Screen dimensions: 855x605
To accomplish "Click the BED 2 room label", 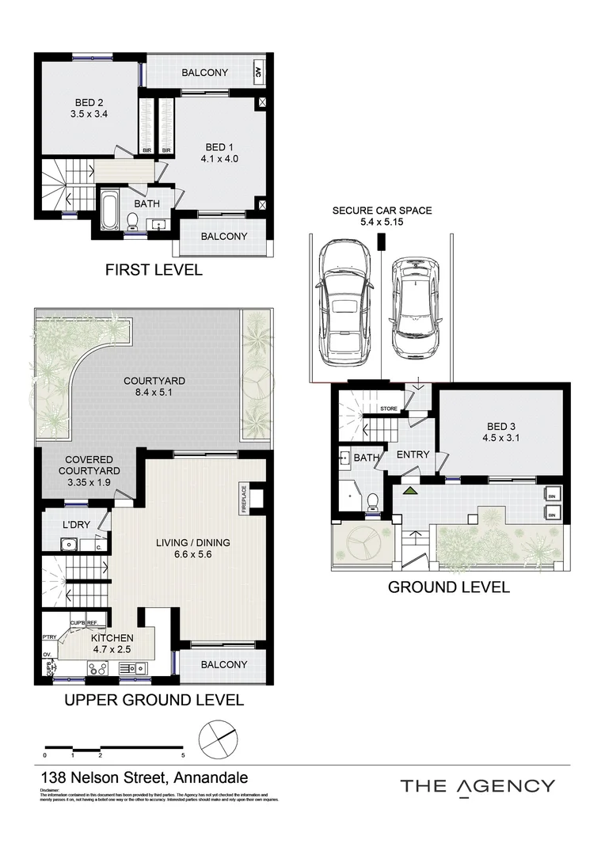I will coord(89,102).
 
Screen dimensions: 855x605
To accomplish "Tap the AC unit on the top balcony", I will coord(258,73).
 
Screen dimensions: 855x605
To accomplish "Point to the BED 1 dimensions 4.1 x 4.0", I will coord(219,158).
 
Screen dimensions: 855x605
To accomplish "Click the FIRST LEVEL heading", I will coord(154,270).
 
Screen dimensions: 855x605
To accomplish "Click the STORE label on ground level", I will coord(388,408).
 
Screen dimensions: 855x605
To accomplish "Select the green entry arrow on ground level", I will coord(410,492).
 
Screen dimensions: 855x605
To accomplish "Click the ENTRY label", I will coord(413,454).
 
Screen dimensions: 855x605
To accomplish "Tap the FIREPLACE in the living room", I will coord(245,500).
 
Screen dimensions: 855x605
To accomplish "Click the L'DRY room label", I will coord(76,526).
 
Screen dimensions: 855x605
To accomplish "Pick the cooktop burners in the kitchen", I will coord(97,669).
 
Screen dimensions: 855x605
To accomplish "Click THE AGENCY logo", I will coord(477,785).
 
